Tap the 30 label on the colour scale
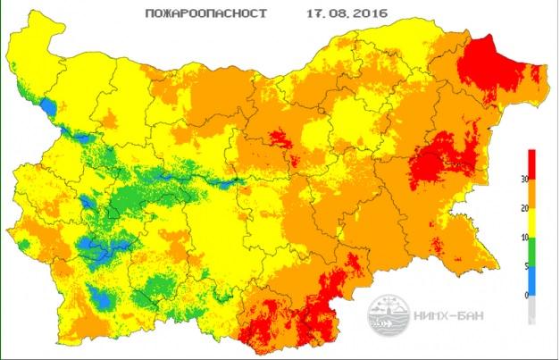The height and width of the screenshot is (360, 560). click(x=521, y=178)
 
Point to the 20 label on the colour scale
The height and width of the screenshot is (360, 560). click(x=521, y=208)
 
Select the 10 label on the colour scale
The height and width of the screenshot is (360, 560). click(x=521, y=238)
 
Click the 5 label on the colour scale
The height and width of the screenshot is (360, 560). click(x=522, y=265)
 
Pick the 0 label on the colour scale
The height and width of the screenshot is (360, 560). click(x=522, y=295)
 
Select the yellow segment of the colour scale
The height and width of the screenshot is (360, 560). click(x=533, y=223)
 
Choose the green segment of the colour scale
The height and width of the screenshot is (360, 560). click(x=533, y=251)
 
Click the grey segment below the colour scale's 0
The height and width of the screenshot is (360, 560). click(x=533, y=308)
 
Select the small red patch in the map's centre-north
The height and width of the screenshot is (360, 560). click(x=280, y=138)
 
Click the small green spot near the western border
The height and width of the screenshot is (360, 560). click(x=24, y=244)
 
